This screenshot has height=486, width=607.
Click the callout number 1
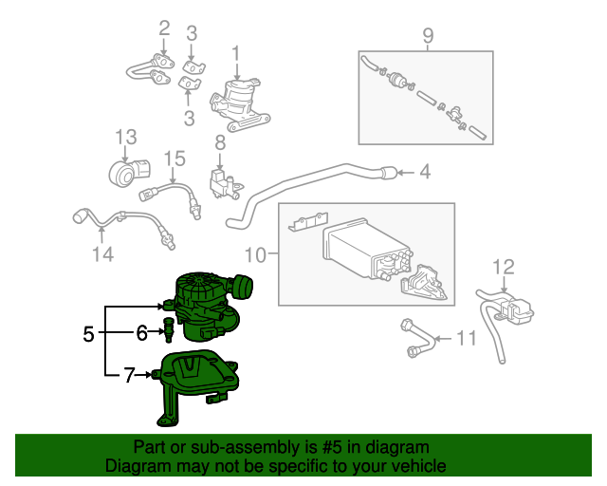[x=236, y=53]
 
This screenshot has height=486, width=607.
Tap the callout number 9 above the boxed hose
[x=427, y=36]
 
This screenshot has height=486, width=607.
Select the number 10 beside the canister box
[x=257, y=253]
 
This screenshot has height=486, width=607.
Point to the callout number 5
[x=88, y=334]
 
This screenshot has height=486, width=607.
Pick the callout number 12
[x=503, y=266]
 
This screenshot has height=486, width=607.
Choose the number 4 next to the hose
[x=426, y=172]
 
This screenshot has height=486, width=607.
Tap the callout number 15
[x=174, y=158]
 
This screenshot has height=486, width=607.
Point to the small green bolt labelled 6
[x=169, y=331]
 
